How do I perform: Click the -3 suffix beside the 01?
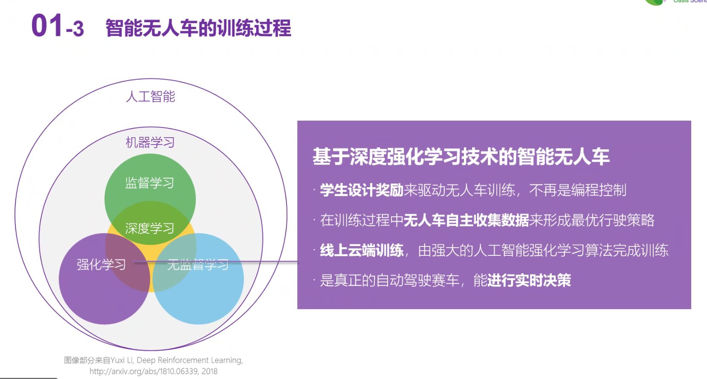click(75, 29)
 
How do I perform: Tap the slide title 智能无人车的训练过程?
click(198, 28)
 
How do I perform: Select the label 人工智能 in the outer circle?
click(150, 96)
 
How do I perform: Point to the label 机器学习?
click(150, 142)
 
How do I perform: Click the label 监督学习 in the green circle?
click(150, 183)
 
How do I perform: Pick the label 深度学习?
click(150, 228)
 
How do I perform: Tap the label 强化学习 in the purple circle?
click(101, 264)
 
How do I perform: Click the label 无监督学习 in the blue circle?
click(198, 264)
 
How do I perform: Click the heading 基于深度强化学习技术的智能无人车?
click(461, 156)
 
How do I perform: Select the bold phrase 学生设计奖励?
click(362, 190)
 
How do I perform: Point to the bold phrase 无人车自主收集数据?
click(466, 220)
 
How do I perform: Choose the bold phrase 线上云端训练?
click(362, 251)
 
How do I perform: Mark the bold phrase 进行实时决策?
click(529, 280)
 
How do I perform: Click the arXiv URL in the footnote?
click(154, 371)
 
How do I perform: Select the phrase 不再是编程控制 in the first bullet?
click(578, 190)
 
